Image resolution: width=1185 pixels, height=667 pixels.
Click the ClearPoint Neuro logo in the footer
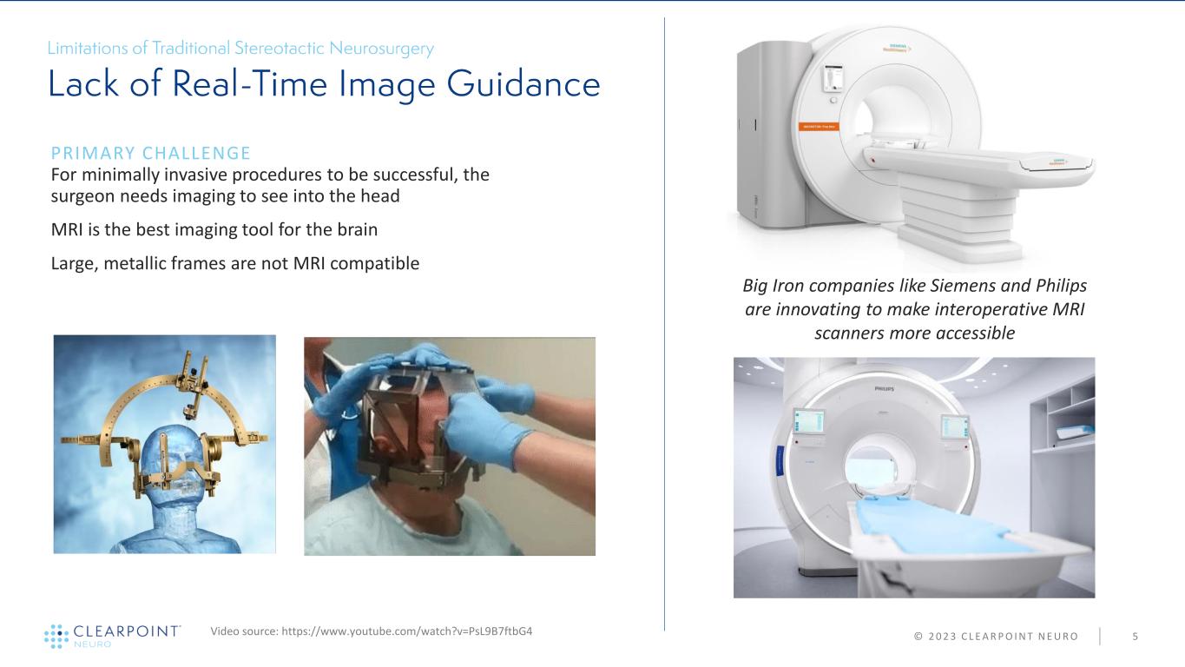[112, 635]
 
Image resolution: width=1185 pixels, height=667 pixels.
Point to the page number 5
[1135, 637]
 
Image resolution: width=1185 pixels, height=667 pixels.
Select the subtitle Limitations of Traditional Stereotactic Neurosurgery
[240, 49]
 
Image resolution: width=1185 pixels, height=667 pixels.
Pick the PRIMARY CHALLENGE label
[151, 154]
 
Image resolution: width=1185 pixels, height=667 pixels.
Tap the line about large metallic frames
[235, 262]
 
